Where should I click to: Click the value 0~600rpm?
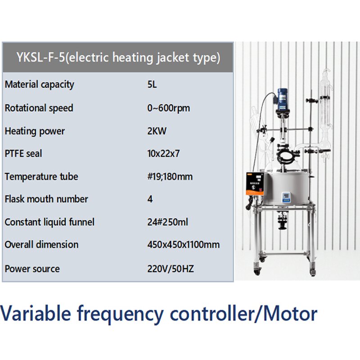tap(168, 108)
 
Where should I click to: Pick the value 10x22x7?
tap(163, 153)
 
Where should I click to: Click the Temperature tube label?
tap(41, 177)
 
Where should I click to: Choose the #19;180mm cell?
tap(170, 177)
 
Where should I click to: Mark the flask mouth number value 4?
tap(150, 199)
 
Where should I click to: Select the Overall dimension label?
tap(41, 245)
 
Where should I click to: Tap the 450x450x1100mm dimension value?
tap(184, 245)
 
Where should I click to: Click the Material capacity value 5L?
tap(152, 85)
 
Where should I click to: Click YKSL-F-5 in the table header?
tap(40, 58)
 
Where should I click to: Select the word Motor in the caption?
tap(292, 314)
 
